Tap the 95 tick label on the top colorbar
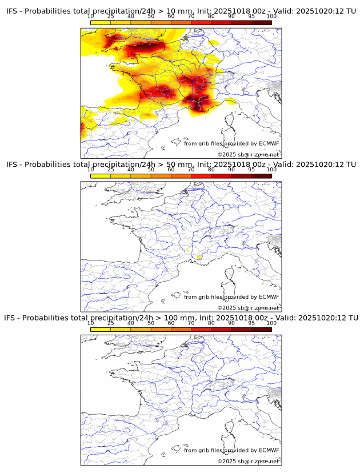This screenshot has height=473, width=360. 251,16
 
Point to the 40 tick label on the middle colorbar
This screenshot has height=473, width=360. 131,170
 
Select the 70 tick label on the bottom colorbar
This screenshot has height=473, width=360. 191,323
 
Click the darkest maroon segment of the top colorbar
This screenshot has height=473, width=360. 261,22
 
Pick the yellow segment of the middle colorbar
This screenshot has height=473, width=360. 101,176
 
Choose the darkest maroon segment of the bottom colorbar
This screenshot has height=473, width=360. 261,329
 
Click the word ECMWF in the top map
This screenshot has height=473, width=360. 269,143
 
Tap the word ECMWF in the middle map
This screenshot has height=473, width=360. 269,296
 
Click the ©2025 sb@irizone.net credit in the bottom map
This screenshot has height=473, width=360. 248,461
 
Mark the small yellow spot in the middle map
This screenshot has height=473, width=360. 198,257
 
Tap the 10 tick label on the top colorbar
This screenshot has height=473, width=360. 91,16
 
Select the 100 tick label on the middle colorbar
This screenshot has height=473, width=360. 271,170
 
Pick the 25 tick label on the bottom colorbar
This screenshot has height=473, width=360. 111,323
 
